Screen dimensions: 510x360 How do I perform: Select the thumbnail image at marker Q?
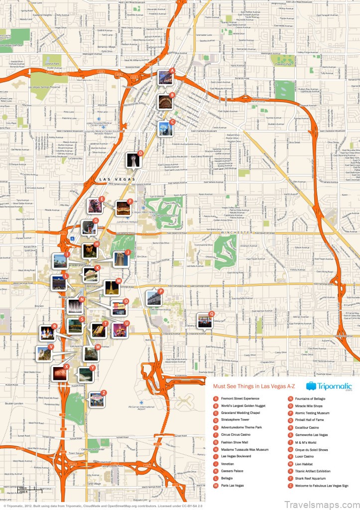tap(204, 320)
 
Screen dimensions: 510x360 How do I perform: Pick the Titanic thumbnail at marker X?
tap(60, 373)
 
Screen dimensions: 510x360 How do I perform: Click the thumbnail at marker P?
tap(153, 298)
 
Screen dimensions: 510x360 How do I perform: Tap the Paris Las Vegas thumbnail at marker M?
tap(111, 288)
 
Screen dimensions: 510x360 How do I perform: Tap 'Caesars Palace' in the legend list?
tap(233, 471)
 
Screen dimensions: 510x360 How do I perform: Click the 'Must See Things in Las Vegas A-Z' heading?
tap(254, 386)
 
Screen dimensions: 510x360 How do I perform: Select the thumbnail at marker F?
tap(122, 209)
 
